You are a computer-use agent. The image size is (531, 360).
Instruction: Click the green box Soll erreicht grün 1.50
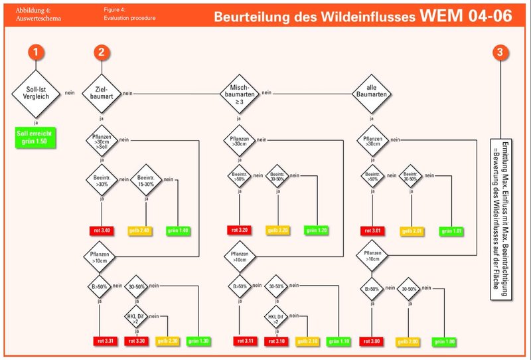[37, 139]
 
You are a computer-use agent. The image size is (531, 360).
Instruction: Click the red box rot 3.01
[372, 230]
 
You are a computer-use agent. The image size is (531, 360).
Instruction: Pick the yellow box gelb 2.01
[412, 230]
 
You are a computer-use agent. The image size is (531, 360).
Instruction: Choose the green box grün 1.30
[200, 341]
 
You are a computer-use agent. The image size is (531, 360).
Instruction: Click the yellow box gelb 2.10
[306, 341]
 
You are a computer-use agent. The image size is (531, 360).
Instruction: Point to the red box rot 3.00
[372, 341]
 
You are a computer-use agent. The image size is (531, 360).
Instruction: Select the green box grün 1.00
[446, 341]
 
